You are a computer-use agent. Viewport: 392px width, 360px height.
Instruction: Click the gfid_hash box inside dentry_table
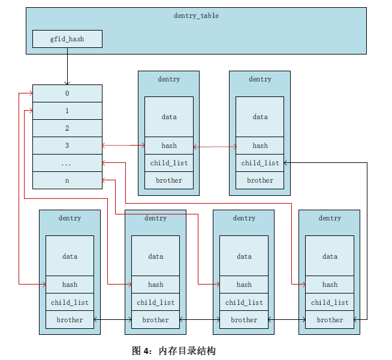pos(67,39)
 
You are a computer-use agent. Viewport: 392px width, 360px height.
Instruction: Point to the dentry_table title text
pos(196,16)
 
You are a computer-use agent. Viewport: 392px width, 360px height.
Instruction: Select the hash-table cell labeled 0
pos(67,93)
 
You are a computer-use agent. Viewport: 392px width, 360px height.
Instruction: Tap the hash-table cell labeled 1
pos(67,111)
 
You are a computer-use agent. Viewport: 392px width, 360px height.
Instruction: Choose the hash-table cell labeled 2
pos(67,128)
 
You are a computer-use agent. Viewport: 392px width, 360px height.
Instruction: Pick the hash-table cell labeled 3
pos(67,146)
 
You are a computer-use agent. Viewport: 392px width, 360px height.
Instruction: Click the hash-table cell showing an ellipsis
pos(67,163)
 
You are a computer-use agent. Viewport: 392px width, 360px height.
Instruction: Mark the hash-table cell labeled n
pos(67,180)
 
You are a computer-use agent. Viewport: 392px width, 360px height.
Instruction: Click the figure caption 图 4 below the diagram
pos(173,351)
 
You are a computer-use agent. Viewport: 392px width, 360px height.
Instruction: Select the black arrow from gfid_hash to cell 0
pos(67,66)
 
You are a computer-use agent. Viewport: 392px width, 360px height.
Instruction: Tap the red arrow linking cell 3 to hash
pos(123,146)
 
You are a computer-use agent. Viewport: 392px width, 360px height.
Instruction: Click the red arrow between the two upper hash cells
pos(214,146)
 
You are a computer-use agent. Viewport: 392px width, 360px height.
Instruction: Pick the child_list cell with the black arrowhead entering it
pos(260,163)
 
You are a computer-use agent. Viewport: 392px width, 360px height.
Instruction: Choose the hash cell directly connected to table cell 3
pos(169,146)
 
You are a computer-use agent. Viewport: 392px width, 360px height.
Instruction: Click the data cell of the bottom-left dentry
pos(70,256)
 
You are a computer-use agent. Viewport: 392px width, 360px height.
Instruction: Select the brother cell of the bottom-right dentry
pos(330,320)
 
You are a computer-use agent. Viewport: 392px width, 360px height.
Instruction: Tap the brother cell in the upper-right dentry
pos(260,180)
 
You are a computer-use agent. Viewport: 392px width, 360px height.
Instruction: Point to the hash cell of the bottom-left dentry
pos(70,285)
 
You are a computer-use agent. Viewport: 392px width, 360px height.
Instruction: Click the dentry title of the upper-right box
pos(260,79)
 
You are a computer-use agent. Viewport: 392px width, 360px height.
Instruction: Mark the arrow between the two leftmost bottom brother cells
pos(113,320)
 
